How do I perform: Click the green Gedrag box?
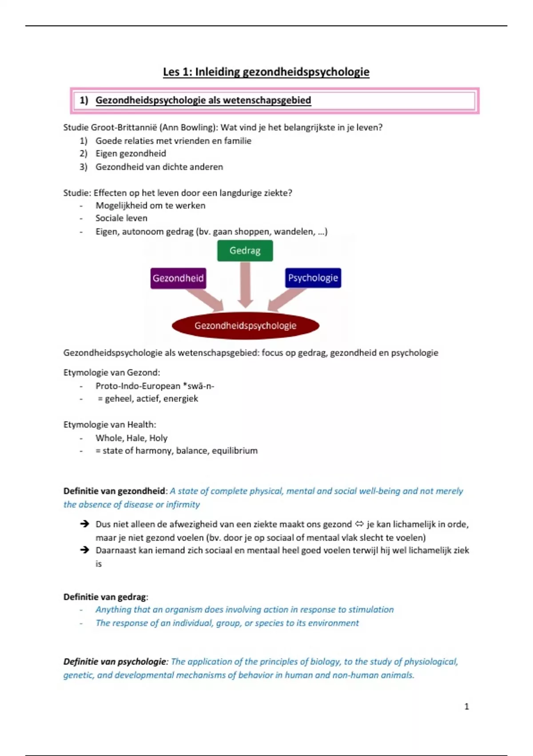[x=245, y=251]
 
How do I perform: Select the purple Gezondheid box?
[x=178, y=278]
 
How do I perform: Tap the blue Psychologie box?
[x=313, y=278]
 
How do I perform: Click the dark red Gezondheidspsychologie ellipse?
[x=245, y=326]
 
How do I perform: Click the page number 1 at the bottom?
[x=466, y=706]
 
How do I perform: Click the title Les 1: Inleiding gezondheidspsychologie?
[x=266, y=72]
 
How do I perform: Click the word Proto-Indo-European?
[x=138, y=386]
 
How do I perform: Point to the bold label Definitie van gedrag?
[x=105, y=597]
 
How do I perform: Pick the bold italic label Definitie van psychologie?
[x=115, y=662]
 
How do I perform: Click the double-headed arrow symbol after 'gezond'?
[x=359, y=524]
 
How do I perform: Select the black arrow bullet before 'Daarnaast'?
[x=84, y=550]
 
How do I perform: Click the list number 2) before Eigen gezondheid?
[x=84, y=154]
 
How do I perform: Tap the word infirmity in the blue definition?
[x=183, y=505]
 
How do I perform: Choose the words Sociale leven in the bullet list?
[x=121, y=218]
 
